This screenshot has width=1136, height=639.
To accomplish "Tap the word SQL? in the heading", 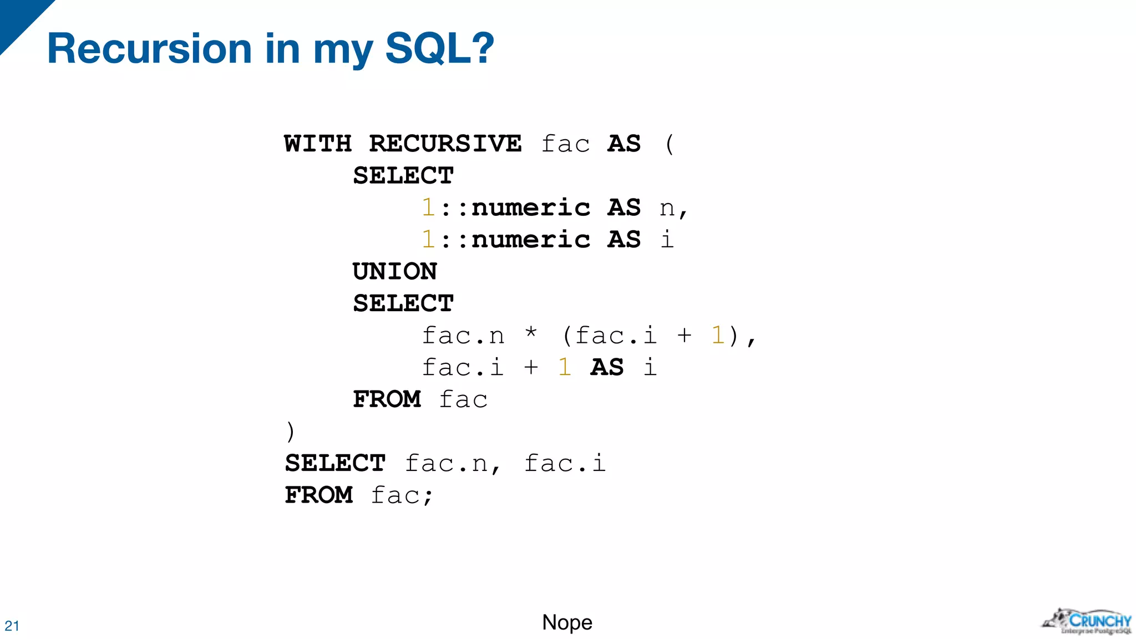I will tap(439, 49).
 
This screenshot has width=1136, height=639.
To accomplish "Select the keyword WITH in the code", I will tap(318, 144).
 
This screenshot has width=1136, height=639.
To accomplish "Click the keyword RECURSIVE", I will tap(445, 144).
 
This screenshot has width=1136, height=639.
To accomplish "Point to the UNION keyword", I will tap(394, 272).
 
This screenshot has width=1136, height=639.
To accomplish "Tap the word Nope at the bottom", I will tap(567, 622).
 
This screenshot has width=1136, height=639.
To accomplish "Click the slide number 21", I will tap(12, 626).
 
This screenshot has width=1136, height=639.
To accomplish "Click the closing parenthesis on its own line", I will tap(290, 432).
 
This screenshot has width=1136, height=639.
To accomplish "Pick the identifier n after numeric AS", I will tap(667, 209).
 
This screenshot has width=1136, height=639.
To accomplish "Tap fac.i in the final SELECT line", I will tap(565, 464).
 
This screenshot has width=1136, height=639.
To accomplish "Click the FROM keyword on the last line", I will tap(319, 495).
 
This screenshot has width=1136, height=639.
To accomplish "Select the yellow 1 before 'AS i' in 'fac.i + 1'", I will tap(565, 367).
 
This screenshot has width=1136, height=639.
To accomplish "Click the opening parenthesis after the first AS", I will tap(670, 144).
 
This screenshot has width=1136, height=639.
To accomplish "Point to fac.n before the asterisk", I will tap(463, 336).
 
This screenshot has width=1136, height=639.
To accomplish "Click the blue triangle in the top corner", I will tap(19, 19).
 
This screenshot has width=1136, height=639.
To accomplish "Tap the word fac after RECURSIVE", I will tap(565, 144).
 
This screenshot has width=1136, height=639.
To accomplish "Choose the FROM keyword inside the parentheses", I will tap(387, 399).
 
